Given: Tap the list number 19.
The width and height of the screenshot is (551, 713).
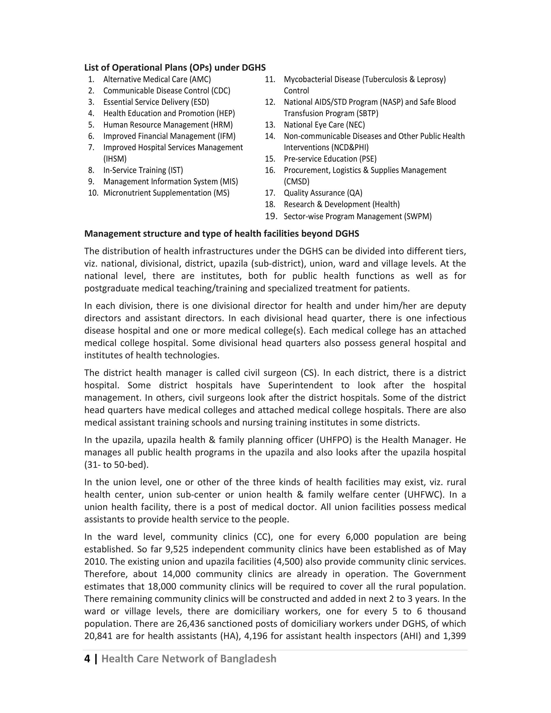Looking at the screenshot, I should click(271, 216).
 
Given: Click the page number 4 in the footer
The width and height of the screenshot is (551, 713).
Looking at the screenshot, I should click(87, 658).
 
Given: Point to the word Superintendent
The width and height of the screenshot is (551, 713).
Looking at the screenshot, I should click(300, 385).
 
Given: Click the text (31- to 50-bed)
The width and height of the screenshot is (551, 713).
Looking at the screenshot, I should click(116, 465).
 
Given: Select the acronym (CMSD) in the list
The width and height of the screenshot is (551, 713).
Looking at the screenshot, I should click(296, 182).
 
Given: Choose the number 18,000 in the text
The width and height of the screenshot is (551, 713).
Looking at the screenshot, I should click(162, 586).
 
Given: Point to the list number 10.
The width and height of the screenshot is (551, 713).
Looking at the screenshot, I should click(93, 193).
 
